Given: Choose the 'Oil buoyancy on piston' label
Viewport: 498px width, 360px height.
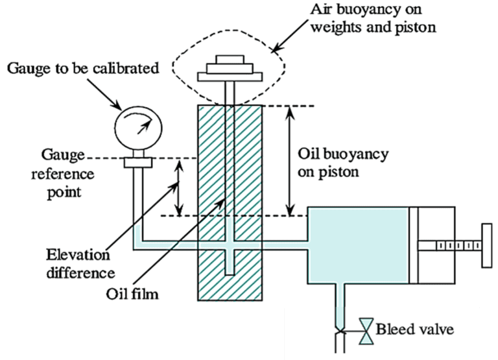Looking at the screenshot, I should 342,164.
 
